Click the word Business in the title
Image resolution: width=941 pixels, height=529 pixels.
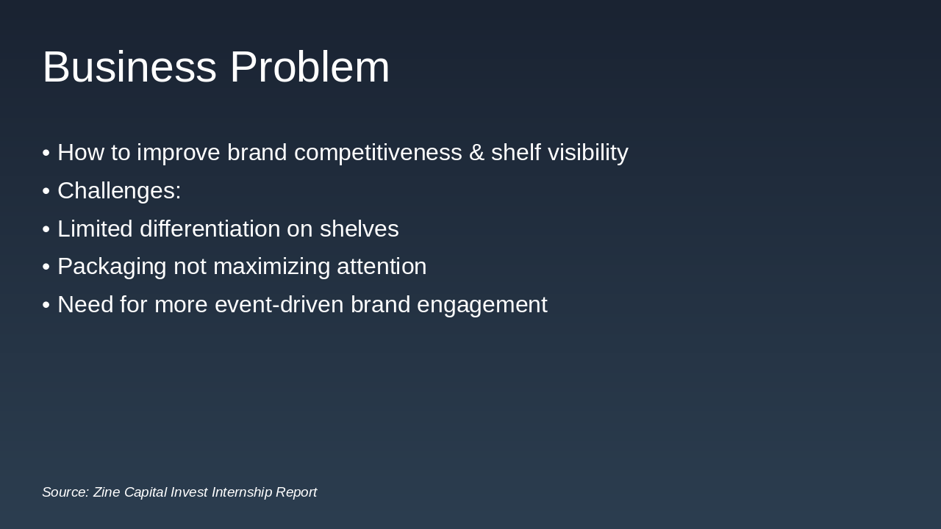tap(129, 67)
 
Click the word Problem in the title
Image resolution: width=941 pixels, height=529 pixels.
tap(310, 67)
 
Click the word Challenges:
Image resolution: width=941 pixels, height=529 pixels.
tap(119, 191)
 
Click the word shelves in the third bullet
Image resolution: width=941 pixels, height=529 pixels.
tap(359, 229)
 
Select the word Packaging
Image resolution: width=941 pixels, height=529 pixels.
tap(112, 267)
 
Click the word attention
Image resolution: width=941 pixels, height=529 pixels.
tap(382, 267)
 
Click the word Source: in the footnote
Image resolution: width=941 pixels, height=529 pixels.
tap(65, 492)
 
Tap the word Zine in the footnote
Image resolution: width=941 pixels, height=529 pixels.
tap(107, 492)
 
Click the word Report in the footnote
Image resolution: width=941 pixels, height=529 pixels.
tap(296, 492)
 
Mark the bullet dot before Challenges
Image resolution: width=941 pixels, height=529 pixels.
tap(46, 191)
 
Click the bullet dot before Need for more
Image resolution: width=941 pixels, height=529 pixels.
tap(46, 305)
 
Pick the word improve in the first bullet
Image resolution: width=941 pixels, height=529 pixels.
tap(179, 153)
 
